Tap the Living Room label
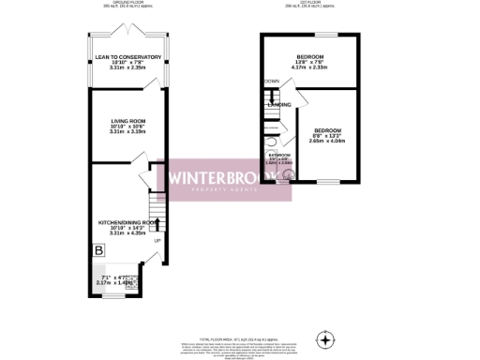tap(128, 121)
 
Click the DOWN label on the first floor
tap(272, 82)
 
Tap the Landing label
tap(279, 104)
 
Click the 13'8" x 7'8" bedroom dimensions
tap(309, 61)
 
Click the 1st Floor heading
tap(310, 2)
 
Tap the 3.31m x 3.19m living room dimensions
tap(128, 132)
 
